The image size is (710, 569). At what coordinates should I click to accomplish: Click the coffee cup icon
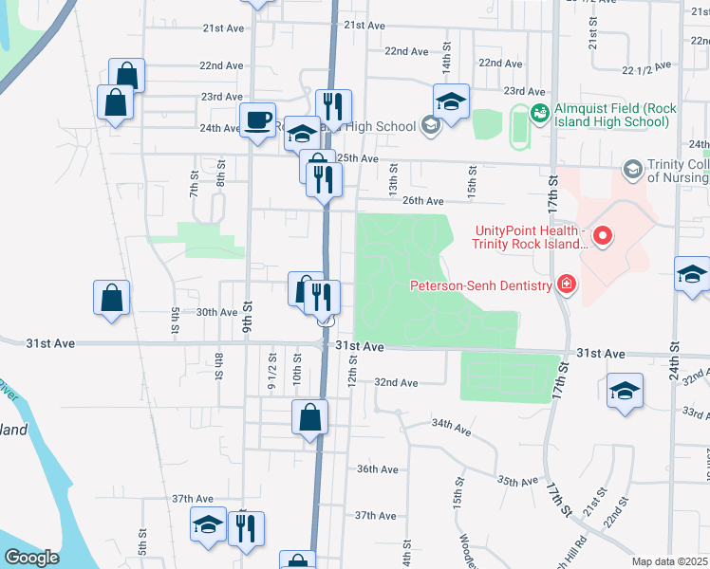256,119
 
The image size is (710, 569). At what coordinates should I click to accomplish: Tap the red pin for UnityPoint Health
602,235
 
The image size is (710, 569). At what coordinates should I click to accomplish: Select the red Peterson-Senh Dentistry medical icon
567,284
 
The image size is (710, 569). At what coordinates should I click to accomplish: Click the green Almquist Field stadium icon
540,114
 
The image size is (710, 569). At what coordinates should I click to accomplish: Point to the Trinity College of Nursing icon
632,170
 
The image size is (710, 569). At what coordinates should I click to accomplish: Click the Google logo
31,558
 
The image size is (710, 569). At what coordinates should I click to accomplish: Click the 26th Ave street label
422,201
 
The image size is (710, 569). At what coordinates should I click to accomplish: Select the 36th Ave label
377,469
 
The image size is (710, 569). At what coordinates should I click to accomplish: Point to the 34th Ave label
451,429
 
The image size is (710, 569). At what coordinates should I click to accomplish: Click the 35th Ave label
517,482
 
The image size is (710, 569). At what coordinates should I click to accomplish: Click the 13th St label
392,175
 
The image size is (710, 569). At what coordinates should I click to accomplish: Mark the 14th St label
445,65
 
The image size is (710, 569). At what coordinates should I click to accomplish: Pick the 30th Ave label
215,312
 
